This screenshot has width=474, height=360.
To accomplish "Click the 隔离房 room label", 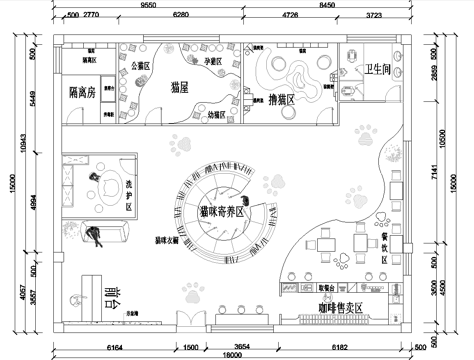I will tap(77, 91).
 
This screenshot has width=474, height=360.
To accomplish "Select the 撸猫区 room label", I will tap(291, 100).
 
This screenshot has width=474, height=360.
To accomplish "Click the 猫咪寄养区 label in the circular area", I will tap(223, 212).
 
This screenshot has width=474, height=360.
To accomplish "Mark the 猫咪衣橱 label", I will tap(166, 241).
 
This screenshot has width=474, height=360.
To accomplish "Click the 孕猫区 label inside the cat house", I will tap(212, 61).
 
